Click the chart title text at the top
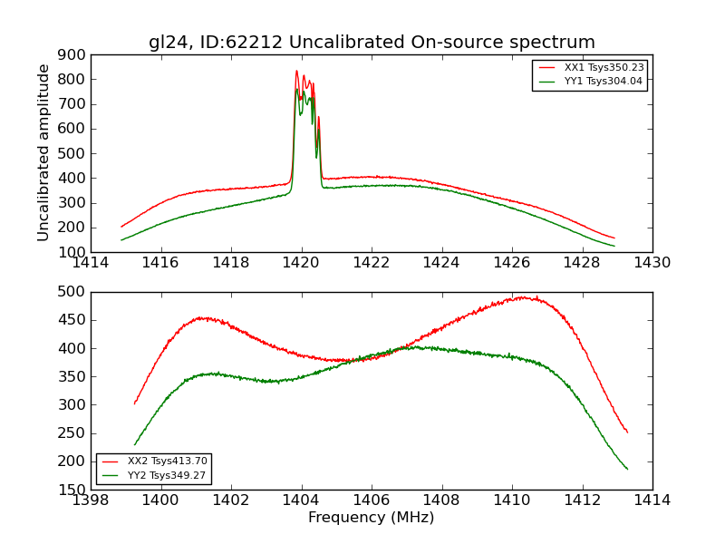[x=372, y=43]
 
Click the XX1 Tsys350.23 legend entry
[x=604, y=67]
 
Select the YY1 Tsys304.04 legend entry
[x=604, y=81]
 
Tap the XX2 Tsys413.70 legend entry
[x=168, y=461]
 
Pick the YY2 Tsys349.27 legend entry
[x=168, y=475]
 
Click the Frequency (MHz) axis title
[x=371, y=518]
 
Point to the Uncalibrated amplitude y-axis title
[x=44, y=152]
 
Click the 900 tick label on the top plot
[x=72, y=54]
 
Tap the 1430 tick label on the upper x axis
[x=652, y=263]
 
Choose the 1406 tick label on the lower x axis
[x=371, y=500]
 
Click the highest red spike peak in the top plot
[x=296, y=71]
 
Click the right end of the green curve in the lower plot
[x=627, y=469]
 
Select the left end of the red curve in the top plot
[x=121, y=227]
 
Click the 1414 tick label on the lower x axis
[x=652, y=500]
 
